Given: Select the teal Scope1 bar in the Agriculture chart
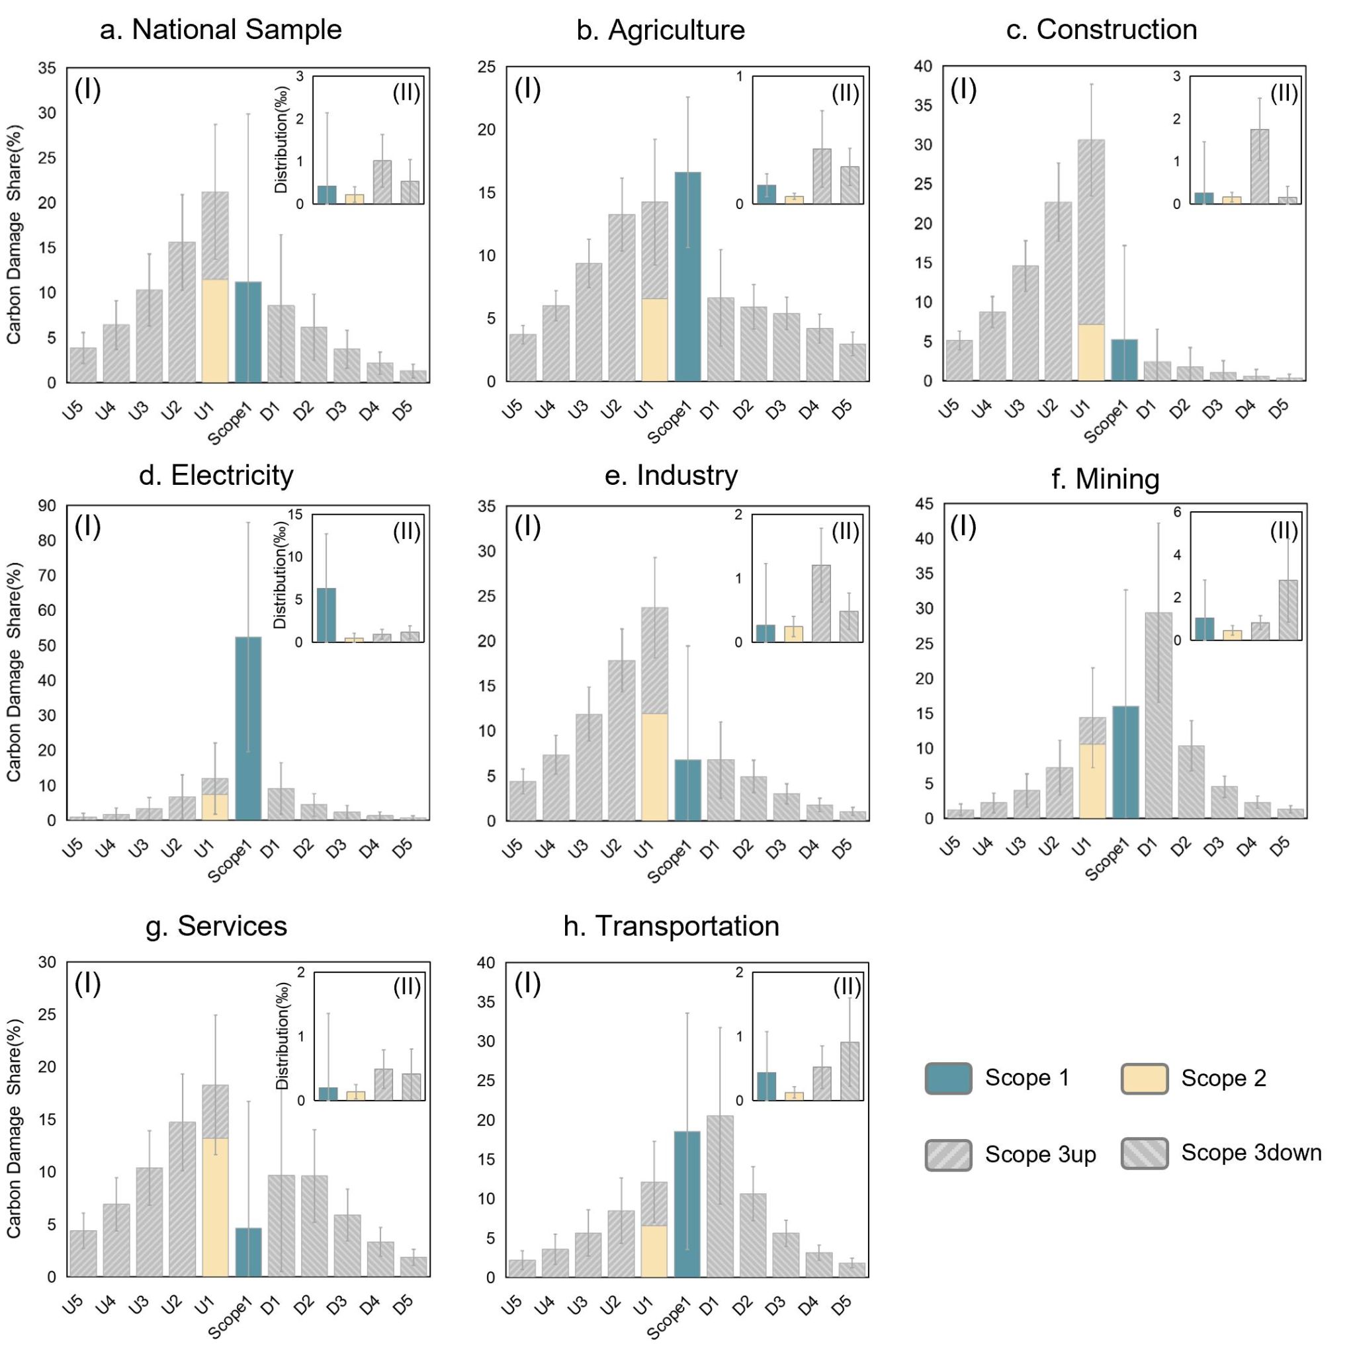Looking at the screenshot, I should (x=687, y=276).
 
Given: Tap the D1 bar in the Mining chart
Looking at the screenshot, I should (x=1158, y=715).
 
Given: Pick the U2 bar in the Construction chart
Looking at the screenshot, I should (x=1059, y=291).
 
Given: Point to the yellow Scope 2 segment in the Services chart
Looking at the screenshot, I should (x=215, y=1207).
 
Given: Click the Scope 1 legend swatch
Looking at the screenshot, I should (x=948, y=1079).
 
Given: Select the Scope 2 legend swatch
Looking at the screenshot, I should (x=1145, y=1079).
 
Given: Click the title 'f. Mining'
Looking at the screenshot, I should (x=1106, y=480).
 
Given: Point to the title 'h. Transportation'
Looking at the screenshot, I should (x=671, y=926).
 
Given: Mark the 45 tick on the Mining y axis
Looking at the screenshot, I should (x=924, y=503).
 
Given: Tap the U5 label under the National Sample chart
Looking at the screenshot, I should (x=73, y=411).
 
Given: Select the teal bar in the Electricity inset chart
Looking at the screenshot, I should (x=326, y=615).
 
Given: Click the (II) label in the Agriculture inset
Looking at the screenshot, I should (x=845, y=94).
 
